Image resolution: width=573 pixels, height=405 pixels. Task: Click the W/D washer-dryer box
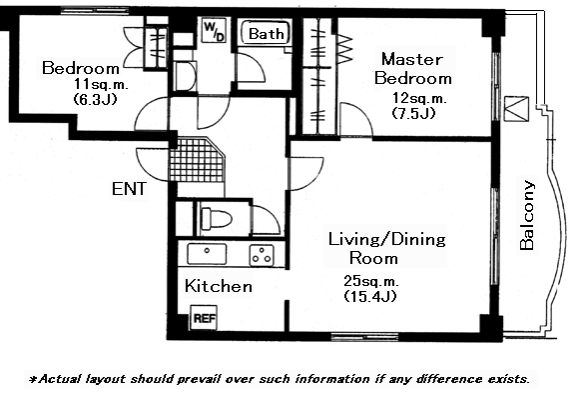[214, 30]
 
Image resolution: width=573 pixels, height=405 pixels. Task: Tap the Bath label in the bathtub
[266, 34]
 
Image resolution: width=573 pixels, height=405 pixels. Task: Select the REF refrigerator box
[205, 318]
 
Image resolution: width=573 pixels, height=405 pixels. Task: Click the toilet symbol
[216, 219]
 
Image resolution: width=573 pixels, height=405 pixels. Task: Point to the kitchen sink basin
[207, 253]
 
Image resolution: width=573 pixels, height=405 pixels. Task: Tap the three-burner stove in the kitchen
[262, 255]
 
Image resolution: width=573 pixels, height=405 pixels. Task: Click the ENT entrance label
[129, 189]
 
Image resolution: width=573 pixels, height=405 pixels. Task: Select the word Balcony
[527, 215]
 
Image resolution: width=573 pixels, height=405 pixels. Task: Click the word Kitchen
[219, 286]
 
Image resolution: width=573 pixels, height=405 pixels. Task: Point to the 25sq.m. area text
[371, 281]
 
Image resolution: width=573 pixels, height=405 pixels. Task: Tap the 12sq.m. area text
[419, 98]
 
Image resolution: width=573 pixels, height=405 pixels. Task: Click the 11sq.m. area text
[101, 85]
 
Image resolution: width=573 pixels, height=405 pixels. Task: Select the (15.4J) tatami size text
[370, 296]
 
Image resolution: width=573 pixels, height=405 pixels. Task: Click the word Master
[412, 59]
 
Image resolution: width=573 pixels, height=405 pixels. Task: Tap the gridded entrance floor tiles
[198, 160]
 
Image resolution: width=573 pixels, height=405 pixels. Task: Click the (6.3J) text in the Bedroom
[95, 99]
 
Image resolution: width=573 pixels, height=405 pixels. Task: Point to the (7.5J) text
[413, 113]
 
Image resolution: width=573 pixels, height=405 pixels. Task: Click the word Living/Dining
[387, 240]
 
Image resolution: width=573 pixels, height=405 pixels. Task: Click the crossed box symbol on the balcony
[516, 108]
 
